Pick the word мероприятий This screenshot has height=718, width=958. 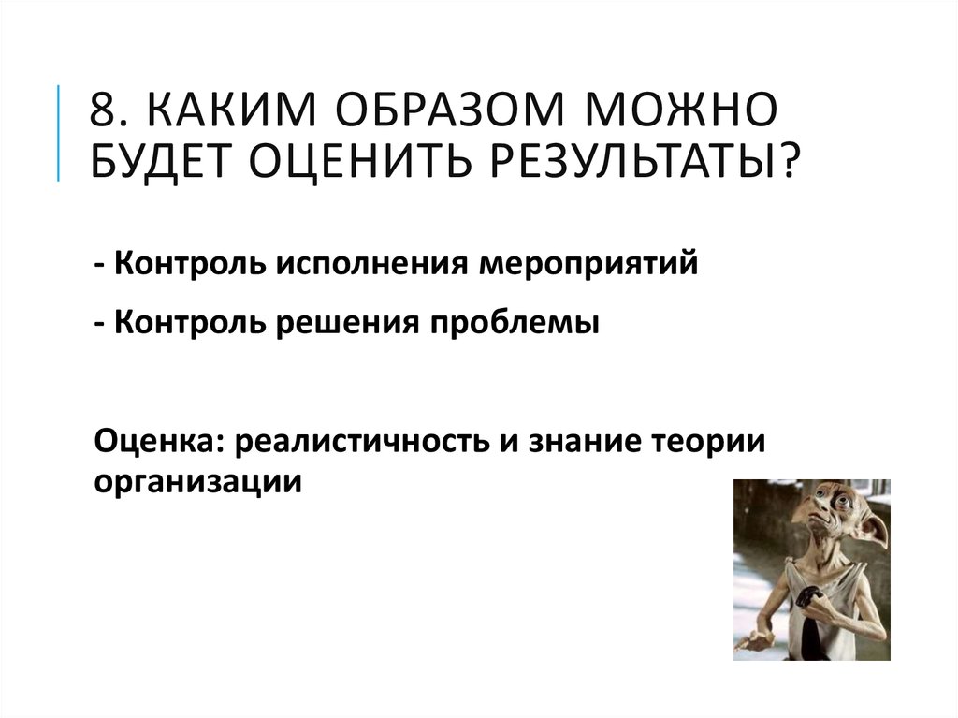coord(589,266)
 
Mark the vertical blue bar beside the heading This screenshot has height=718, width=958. coord(61,132)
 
